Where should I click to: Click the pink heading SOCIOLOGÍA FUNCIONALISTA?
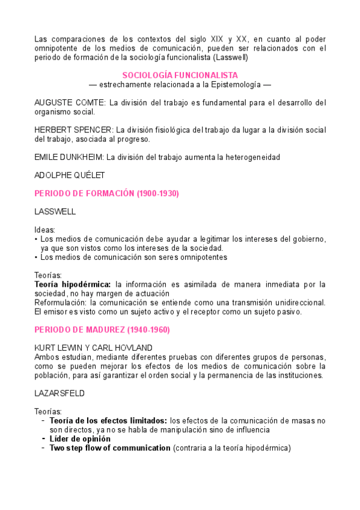(x=180, y=75)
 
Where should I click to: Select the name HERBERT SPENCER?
(x=74, y=129)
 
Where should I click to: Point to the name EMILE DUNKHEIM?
(x=69, y=157)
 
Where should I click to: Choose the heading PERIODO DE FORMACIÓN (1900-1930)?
(x=107, y=193)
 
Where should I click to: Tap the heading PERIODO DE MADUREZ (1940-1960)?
(x=102, y=330)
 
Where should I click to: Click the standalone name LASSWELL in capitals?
(x=55, y=212)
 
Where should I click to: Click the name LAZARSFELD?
(x=60, y=393)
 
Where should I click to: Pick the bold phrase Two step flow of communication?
(x=110, y=448)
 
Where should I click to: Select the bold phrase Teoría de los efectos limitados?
(x=108, y=421)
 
